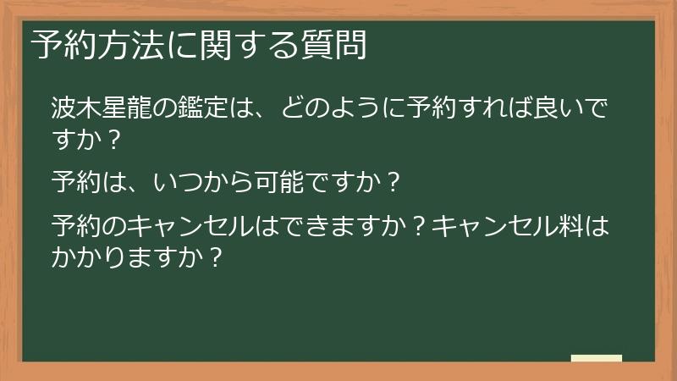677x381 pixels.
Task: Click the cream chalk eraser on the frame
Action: coord(597,359)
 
